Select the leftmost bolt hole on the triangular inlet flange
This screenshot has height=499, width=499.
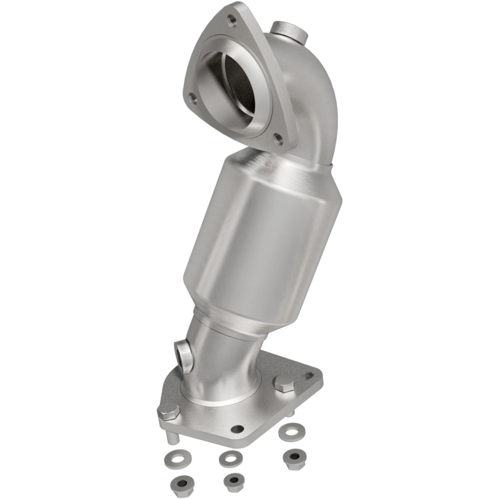pos(193,97)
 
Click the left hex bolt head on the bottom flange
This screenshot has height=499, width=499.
pos(168,412)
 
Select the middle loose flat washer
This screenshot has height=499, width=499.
pos(230,458)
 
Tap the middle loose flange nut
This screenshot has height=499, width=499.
pos(233,480)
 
